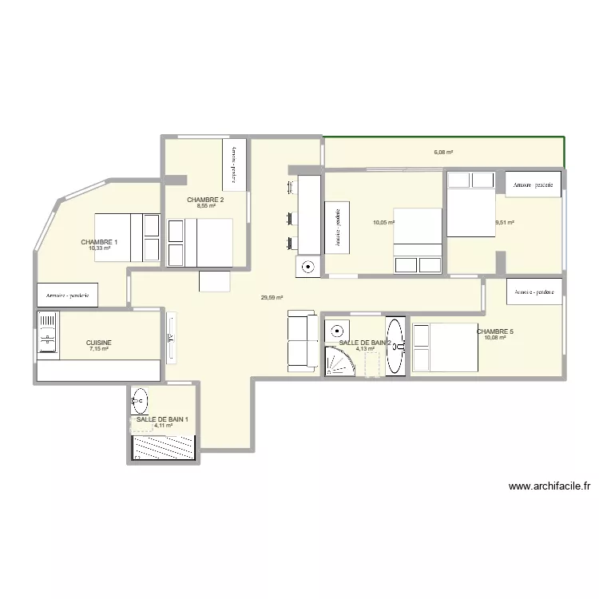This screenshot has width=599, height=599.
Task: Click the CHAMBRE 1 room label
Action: point(99,242)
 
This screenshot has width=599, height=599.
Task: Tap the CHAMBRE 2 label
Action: point(205,200)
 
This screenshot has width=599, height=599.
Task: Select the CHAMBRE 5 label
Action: point(495,331)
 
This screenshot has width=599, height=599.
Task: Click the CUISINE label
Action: point(99,343)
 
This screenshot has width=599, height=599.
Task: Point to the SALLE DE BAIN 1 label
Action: point(162,419)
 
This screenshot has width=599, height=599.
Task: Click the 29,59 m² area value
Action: point(272,298)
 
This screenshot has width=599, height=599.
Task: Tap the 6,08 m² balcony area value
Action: point(443,153)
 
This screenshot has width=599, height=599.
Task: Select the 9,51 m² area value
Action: point(505,223)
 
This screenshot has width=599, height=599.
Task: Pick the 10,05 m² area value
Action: point(383,223)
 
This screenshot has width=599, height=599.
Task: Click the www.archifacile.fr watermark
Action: point(549,486)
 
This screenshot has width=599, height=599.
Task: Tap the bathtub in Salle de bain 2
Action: point(395,347)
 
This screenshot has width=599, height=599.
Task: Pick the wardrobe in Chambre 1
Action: point(67,295)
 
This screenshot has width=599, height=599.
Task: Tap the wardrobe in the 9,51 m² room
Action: point(534,184)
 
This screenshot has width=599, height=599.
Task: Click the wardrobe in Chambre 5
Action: point(534,292)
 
